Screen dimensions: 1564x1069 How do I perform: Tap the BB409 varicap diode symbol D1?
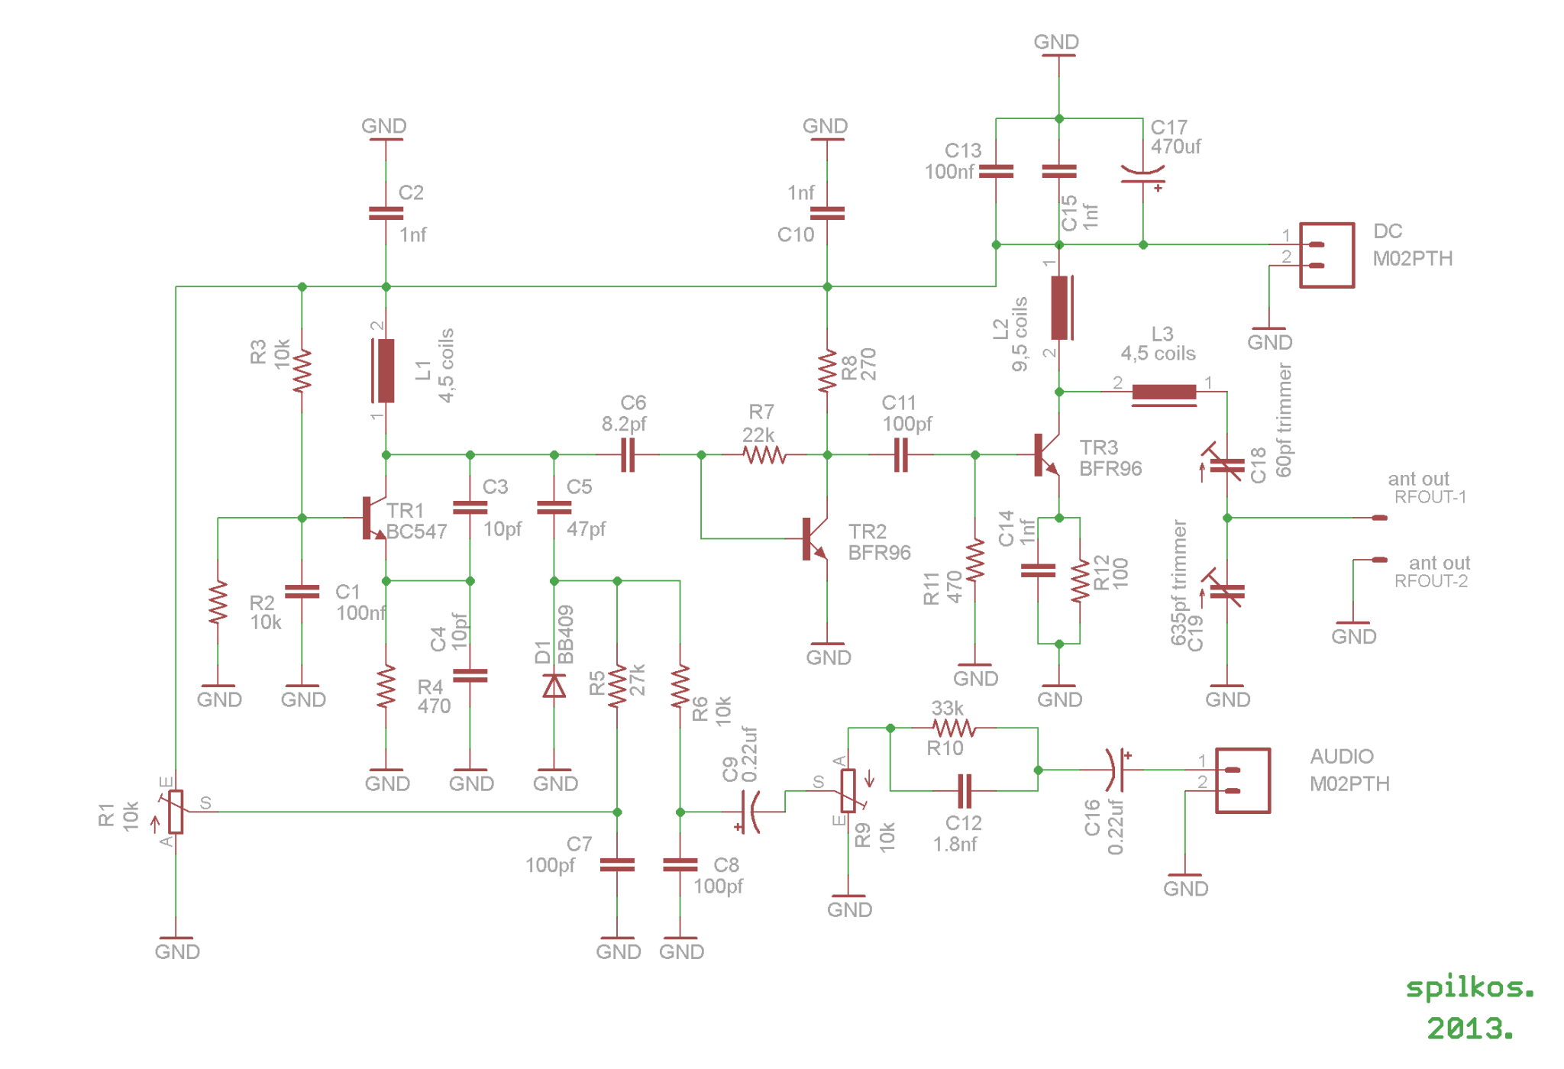point(554,686)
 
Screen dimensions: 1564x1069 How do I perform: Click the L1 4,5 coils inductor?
point(383,371)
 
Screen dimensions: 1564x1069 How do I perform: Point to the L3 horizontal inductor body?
point(1164,393)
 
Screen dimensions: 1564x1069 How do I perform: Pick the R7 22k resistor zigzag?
point(764,455)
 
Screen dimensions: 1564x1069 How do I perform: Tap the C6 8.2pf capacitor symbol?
point(628,455)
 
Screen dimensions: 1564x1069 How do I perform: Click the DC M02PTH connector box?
point(1327,255)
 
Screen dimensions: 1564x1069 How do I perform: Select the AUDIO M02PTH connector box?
point(1243,780)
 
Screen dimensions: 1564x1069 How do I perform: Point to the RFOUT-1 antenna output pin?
point(1379,518)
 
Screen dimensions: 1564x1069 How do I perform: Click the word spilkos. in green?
point(1470,988)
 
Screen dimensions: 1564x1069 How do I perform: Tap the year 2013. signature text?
point(1470,1029)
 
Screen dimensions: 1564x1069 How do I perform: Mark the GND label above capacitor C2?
point(384,126)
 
